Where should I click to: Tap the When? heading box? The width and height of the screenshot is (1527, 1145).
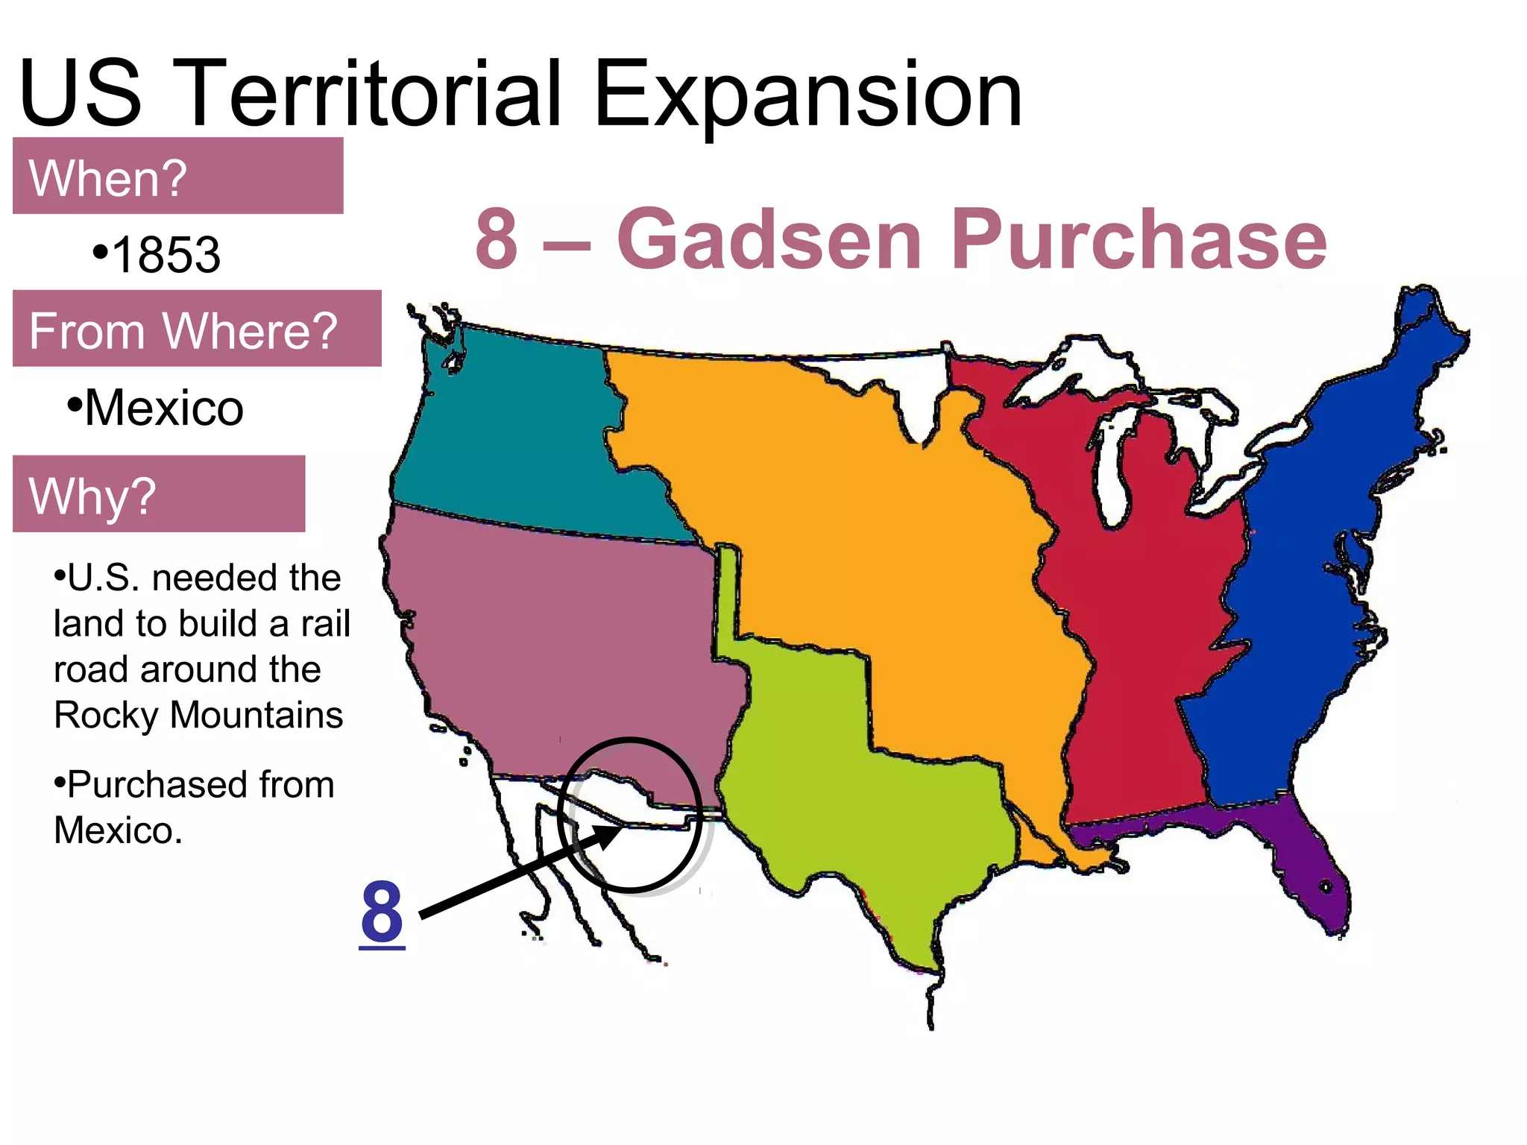(177, 177)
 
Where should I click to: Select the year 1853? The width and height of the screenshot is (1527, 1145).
(166, 254)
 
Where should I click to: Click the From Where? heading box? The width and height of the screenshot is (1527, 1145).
(197, 329)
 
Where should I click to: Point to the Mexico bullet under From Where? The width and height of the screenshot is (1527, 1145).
(163, 408)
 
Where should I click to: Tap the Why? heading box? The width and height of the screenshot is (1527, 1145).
(159, 493)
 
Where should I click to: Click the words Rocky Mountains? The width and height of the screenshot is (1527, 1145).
(198, 715)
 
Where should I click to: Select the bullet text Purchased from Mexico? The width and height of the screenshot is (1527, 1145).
(194, 807)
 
